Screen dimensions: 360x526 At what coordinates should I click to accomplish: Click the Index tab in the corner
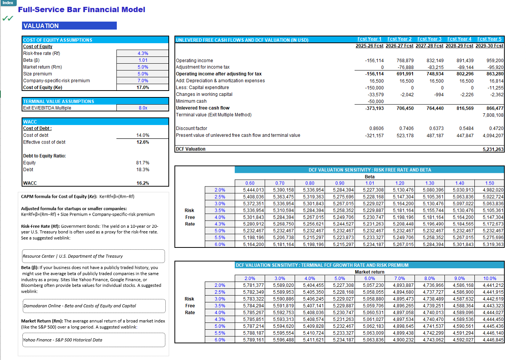(x=8, y=3)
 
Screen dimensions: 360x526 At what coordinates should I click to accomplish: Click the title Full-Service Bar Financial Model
(x=82, y=10)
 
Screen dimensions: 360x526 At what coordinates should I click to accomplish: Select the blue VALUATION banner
(x=69, y=26)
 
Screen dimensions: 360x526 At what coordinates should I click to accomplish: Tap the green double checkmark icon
(x=8, y=18)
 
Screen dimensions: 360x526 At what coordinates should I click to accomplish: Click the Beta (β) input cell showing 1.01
(x=143, y=60)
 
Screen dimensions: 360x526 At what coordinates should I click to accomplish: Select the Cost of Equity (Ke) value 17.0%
(x=143, y=88)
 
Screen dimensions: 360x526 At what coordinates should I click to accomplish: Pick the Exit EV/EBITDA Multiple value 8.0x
(x=143, y=108)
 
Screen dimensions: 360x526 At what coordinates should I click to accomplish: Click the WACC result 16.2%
(x=143, y=183)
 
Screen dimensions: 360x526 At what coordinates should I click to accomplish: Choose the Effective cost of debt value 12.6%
(x=143, y=142)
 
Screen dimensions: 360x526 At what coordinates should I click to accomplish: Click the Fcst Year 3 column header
(x=429, y=39)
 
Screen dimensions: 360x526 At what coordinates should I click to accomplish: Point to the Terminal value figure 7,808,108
(x=493, y=115)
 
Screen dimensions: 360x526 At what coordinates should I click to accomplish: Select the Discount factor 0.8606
(x=376, y=128)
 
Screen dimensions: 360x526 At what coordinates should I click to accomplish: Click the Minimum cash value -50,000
(x=375, y=102)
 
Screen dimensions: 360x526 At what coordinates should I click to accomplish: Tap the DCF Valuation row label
(x=191, y=149)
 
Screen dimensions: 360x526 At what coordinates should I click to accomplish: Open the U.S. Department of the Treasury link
(x=73, y=256)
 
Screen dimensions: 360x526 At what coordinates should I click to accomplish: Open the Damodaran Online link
(x=80, y=306)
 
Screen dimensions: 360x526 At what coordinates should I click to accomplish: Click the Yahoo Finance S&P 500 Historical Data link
(x=63, y=340)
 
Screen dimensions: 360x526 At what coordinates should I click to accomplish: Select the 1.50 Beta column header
(x=489, y=183)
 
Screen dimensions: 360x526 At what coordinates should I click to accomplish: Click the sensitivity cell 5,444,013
(x=253, y=190)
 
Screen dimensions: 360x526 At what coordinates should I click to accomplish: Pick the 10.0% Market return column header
(x=489, y=279)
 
